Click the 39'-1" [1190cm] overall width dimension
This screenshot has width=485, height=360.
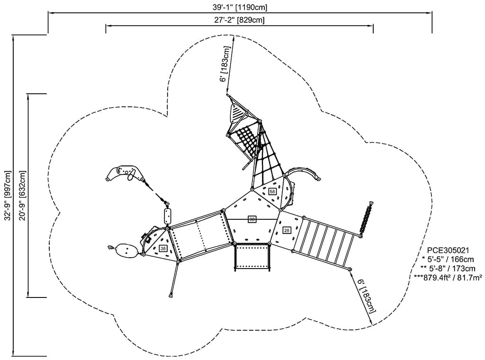[240, 8]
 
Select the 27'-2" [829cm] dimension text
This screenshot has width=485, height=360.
[239, 20]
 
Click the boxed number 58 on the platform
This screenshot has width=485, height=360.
[272, 191]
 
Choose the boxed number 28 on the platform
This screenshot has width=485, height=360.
[287, 230]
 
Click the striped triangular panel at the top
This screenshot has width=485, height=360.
[236, 112]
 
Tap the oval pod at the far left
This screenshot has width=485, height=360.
[126, 251]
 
